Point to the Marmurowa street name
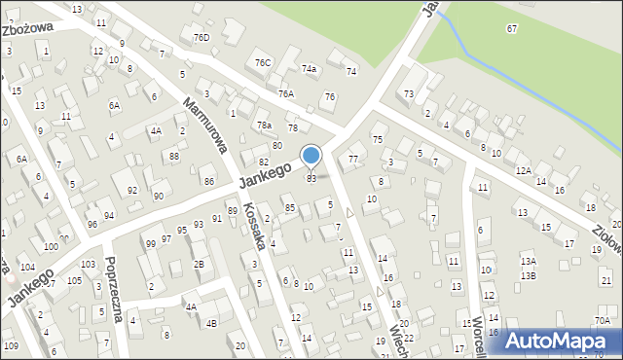204,125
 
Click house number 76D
202,38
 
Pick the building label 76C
263,62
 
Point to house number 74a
310,69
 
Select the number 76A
285,93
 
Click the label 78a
263,125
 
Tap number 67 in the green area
512,28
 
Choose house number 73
409,93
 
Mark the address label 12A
523,170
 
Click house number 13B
528,275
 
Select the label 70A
603,320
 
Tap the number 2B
199,264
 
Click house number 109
11,345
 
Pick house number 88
174,157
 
